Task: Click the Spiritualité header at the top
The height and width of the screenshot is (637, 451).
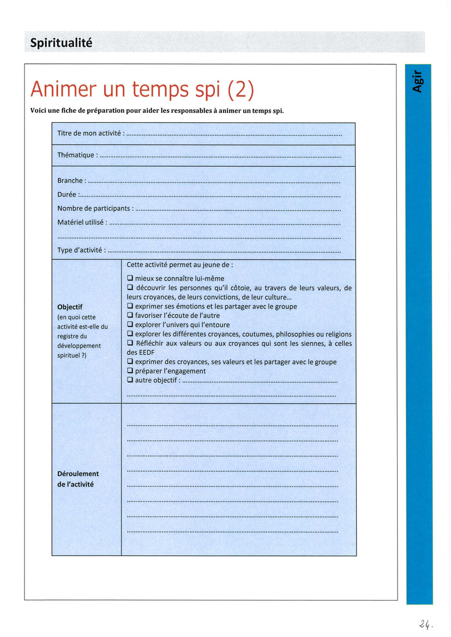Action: (61, 43)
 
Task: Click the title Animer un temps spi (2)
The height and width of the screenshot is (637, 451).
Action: (142, 89)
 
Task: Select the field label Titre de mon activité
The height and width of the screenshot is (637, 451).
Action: (89, 134)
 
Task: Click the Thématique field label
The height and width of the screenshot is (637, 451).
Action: (76, 155)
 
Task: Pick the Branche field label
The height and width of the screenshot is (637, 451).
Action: (70, 180)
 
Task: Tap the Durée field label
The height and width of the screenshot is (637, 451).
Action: (67, 194)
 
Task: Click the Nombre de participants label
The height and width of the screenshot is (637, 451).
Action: (94, 208)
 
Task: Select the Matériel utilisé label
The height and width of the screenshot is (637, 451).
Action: (81, 222)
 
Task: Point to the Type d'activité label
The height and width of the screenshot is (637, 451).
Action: (80, 251)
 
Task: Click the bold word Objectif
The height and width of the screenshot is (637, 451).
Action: (70, 307)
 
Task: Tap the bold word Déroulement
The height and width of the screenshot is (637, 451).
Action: (78, 474)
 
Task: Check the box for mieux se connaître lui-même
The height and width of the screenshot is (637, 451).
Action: (130, 278)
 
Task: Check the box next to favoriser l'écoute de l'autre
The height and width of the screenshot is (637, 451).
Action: (130, 315)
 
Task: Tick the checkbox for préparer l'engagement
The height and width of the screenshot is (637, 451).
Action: (130, 371)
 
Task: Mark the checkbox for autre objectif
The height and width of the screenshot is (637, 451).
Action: (130, 380)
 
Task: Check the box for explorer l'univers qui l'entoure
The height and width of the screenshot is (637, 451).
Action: (130, 325)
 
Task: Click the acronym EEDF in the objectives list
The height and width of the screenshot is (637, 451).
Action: (135, 353)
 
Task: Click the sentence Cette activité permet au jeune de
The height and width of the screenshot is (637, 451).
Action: (179, 265)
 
